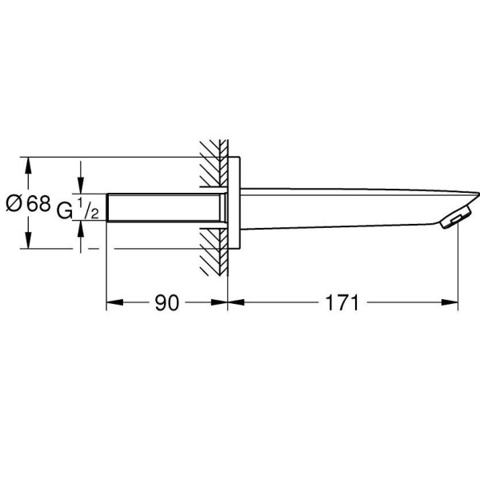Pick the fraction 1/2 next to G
(x=90, y=209)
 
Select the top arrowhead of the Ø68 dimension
(x=29, y=162)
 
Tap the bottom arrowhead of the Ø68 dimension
(x=29, y=243)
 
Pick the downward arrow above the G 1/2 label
(x=80, y=186)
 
